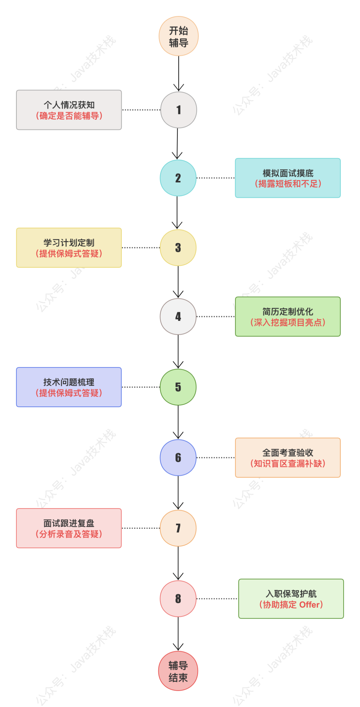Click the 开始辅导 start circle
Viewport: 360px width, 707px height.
pyautogui.click(x=179, y=36)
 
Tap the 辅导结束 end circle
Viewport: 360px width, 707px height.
pyautogui.click(x=178, y=671)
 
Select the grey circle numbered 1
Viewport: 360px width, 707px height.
pyautogui.click(x=179, y=110)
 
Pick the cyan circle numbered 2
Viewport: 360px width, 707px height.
pyautogui.click(x=178, y=178)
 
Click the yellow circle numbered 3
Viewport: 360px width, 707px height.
pyautogui.click(x=178, y=247)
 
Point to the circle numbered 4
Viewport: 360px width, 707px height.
pyautogui.click(x=178, y=316)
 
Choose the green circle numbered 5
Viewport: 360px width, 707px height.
pyautogui.click(x=178, y=387)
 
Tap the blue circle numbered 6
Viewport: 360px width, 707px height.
pyautogui.click(x=178, y=458)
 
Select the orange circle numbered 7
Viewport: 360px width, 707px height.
pyautogui.click(x=178, y=528)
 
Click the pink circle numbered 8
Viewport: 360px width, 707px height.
pyautogui.click(x=178, y=599)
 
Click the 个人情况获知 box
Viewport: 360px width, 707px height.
pyautogui.click(x=69, y=110)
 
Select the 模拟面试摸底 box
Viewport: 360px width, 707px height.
pyautogui.click(x=288, y=178)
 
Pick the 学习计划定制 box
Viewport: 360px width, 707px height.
pyautogui.click(x=69, y=247)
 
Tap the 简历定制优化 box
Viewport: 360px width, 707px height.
pyautogui.click(x=288, y=316)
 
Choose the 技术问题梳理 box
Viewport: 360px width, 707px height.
pyautogui.click(x=69, y=387)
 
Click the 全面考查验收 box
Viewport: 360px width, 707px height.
pyautogui.click(x=288, y=458)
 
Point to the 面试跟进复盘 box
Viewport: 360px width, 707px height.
pyautogui.click(x=69, y=528)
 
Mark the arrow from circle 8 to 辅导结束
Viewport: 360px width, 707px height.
pyautogui.click(x=178, y=634)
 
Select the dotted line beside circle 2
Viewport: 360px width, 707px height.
pyautogui.click(x=216, y=178)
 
